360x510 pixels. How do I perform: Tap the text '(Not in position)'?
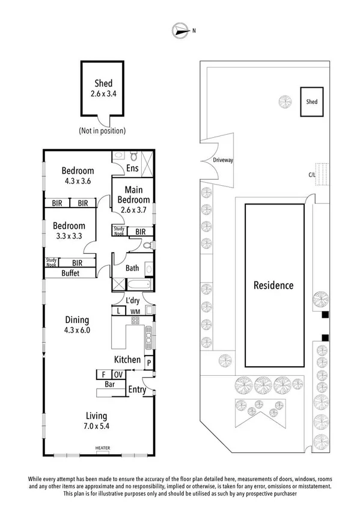pos(102,131)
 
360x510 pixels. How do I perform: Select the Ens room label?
pos(132,170)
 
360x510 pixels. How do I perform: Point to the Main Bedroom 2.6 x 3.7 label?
pos(133,200)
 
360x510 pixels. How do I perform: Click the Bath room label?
pos(132,268)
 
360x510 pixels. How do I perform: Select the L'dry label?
pos(133,300)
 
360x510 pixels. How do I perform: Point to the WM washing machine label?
pos(135,311)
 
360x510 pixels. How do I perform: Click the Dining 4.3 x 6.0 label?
pos(77,325)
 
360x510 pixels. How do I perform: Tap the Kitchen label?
pos(127,360)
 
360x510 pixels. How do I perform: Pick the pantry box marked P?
pos(148,362)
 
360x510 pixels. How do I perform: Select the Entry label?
pos(138,390)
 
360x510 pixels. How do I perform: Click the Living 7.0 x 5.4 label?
pos(96,420)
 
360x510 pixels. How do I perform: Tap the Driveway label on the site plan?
pos(223,161)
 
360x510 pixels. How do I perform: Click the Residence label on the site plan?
pos(273,285)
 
